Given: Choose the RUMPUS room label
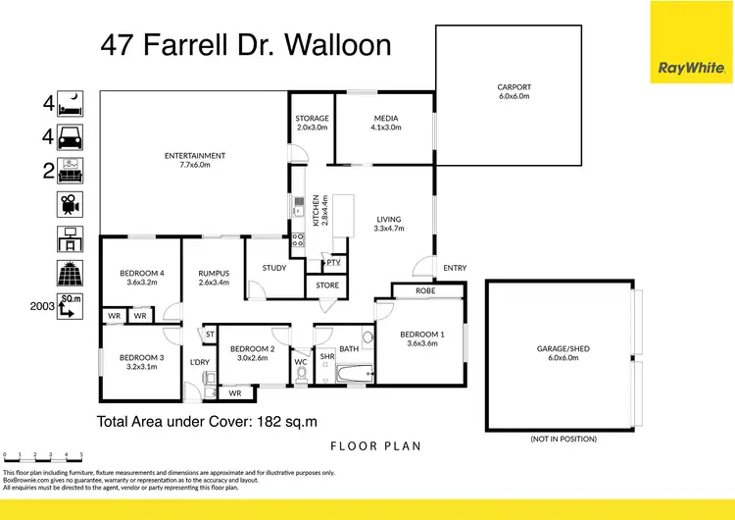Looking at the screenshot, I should coord(214,277).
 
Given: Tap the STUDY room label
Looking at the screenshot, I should coord(274,267).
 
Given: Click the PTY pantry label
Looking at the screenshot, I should coord(333,262).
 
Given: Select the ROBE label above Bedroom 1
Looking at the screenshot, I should coord(425,290).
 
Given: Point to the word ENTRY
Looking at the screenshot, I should coord(455,268).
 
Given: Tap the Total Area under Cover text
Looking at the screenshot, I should coord(207,422).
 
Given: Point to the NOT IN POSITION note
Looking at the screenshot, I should coord(563,438).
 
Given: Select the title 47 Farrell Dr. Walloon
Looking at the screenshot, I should coord(246,45).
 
